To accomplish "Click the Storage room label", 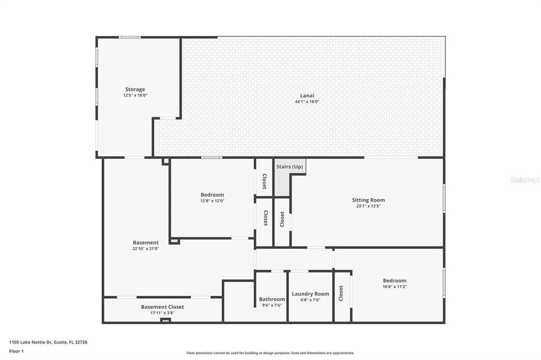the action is pyautogui.click(x=135, y=89).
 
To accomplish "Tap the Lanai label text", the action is pyautogui.click(x=307, y=96).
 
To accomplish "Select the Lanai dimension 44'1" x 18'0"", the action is pyautogui.click(x=307, y=102).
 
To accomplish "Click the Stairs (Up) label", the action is pyautogui.click(x=290, y=167).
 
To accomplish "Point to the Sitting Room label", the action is pyautogui.click(x=368, y=200).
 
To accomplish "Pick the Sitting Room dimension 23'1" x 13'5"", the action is pyautogui.click(x=368, y=206).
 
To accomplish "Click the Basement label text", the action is pyautogui.click(x=146, y=242).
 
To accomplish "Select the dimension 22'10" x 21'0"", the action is pyautogui.click(x=146, y=249).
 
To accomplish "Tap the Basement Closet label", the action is pyautogui.click(x=163, y=307).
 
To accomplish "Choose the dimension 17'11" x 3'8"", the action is pyautogui.click(x=163, y=313).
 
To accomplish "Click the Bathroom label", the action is pyautogui.click(x=272, y=299).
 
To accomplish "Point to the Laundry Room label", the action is pyautogui.click(x=311, y=294).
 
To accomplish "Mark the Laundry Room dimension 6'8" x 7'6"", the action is pyautogui.click(x=311, y=300).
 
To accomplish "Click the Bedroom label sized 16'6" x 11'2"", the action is pyautogui.click(x=395, y=281).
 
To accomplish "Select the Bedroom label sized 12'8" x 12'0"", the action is pyautogui.click(x=212, y=195).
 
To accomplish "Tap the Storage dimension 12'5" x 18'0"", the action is pyautogui.click(x=135, y=96).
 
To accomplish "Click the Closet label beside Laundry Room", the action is pyautogui.click(x=341, y=293).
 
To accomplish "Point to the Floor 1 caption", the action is pyautogui.click(x=16, y=352).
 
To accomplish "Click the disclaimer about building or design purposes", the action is pyautogui.click(x=270, y=353).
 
